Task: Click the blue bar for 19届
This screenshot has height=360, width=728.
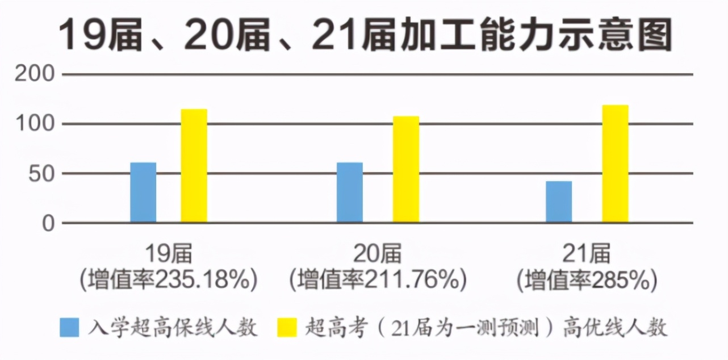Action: pyautogui.click(x=143, y=192)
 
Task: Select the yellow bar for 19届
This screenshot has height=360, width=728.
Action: pyautogui.click(x=194, y=166)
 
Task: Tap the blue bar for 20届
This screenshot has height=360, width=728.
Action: pyautogui.click(x=350, y=192)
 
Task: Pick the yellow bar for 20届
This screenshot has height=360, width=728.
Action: pyautogui.click(x=406, y=169)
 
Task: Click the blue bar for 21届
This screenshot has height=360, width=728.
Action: pyautogui.click(x=559, y=202)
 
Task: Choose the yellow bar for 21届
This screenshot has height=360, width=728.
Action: pyautogui.click(x=615, y=164)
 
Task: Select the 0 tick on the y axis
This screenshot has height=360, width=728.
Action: pyautogui.click(x=48, y=223)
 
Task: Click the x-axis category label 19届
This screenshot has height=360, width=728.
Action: pyautogui.click(x=169, y=254)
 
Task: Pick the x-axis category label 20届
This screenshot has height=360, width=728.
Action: pyautogui.click(x=378, y=254)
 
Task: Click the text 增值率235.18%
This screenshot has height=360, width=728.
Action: pyautogui.click(x=169, y=279)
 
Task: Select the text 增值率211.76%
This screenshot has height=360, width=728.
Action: pyautogui.click(x=378, y=279)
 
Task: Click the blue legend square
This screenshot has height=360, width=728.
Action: pyautogui.click(x=69, y=328)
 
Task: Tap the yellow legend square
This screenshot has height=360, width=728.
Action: pyautogui.click(x=287, y=328)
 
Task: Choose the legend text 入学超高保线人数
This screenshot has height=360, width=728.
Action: pyautogui.click(x=173, y=328)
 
